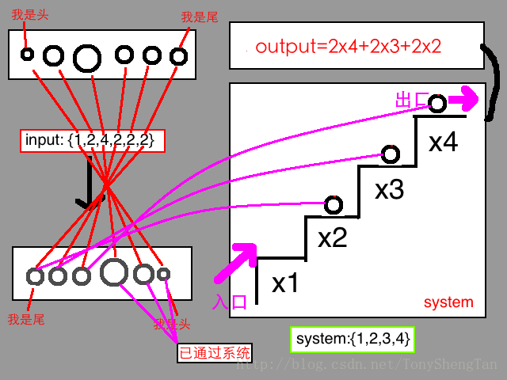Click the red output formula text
(347, 47)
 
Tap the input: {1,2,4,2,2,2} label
(93, 141)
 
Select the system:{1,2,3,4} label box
(353, 340)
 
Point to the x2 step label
(333, 237)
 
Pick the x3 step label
(389, 190)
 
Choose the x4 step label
(443, 142)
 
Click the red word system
(448, 302)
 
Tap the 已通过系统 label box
(214, 352)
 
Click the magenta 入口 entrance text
(231, 301)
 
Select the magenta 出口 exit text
(412, 101)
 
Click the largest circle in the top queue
(87, 56)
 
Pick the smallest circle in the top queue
(27, 55)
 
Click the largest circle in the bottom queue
(114, 272)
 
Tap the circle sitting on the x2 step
(334, 204)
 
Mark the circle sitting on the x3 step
(390, 154)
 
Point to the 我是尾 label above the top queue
(199, 17)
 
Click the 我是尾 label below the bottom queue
(25, 319)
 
